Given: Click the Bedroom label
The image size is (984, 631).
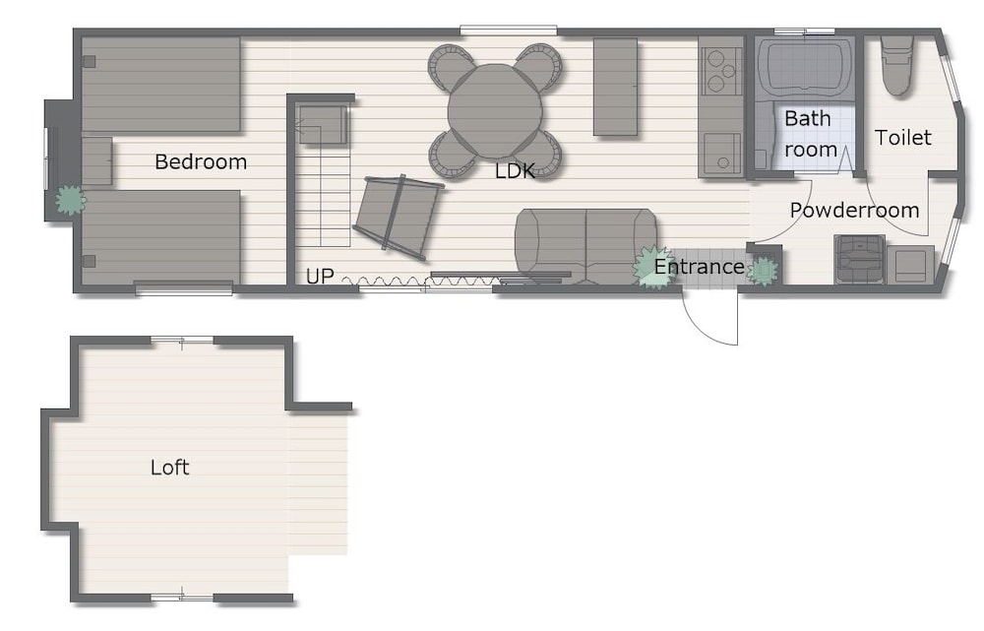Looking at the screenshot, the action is coord(200,162).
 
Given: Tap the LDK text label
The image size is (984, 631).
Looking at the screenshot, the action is coord(515,170).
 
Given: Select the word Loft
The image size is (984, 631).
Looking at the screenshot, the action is coord(169,468).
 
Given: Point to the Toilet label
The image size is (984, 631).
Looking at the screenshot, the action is coord(902,138).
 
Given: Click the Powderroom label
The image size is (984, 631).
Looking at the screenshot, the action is coord(854,210).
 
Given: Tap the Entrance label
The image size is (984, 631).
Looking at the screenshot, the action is coord(699,267).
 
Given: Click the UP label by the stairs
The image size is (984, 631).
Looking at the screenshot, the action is coord(320,277).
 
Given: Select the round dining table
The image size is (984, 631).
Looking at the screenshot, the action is coord(495,111).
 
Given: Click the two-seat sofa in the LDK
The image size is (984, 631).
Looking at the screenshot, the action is coord(585,246).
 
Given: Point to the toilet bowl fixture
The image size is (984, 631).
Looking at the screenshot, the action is coord(896,66).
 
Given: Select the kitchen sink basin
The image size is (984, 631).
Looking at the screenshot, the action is coord(721,154).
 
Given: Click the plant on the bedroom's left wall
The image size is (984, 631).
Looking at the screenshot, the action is coord(69,200).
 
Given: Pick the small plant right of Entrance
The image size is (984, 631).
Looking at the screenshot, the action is coord(764,271).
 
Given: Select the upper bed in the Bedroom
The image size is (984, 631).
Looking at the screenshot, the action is coord(161,85).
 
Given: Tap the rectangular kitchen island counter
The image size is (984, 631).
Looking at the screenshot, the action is coord(615,87).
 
